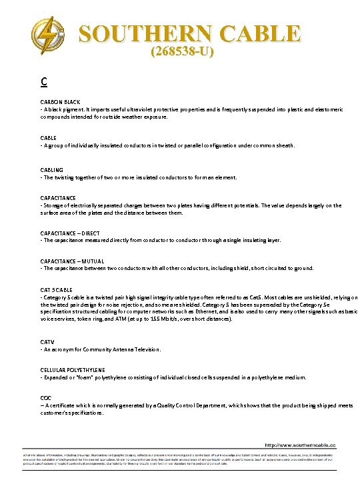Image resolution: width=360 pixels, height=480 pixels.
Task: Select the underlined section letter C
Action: pyautogui.click(x=43, y=82)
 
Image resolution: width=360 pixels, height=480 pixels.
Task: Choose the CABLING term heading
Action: pyautogui.click(x=52, y=170)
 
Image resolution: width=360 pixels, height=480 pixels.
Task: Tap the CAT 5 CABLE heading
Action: pyautogui.click(x=57, y=290)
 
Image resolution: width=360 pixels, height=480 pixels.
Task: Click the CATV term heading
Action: pyautogui.click(x=48, y=342)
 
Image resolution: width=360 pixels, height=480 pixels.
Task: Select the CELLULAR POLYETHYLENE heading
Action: pyautogui.click(x=73, y=370)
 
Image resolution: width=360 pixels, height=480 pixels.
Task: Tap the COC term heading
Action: pyautogui.click(x=46, y=398)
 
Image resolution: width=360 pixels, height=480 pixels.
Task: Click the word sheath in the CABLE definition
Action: pyautogui.click(x=284, y=145)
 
